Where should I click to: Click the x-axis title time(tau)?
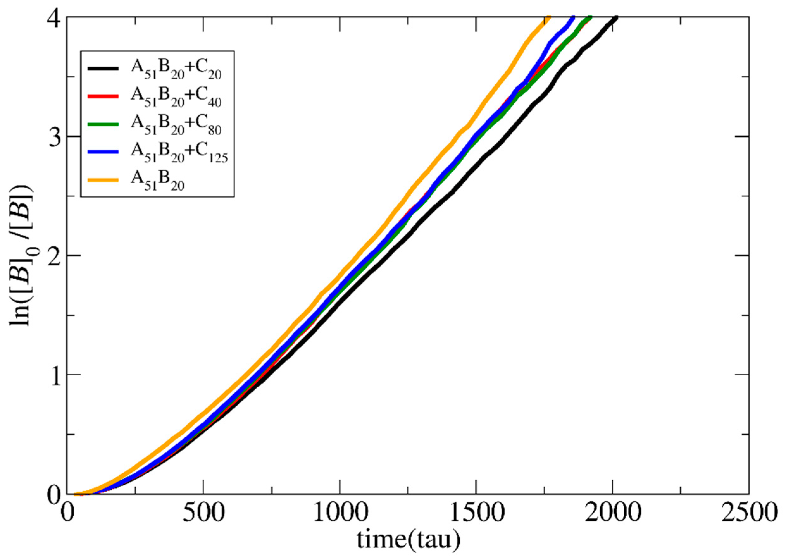(408, 540)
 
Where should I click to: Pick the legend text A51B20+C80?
(176, 126)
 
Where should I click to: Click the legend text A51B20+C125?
(179, 154)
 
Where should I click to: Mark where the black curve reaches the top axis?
(616, 17)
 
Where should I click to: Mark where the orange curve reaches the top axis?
(549, 17)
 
